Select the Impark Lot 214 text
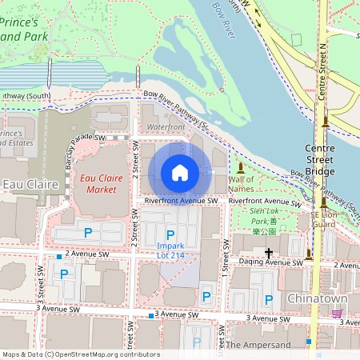click(x=171, y=249)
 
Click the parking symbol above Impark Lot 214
click(x=170, y=234)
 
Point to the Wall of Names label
click(x=242, y=184)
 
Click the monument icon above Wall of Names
click(x=241, y=167)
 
